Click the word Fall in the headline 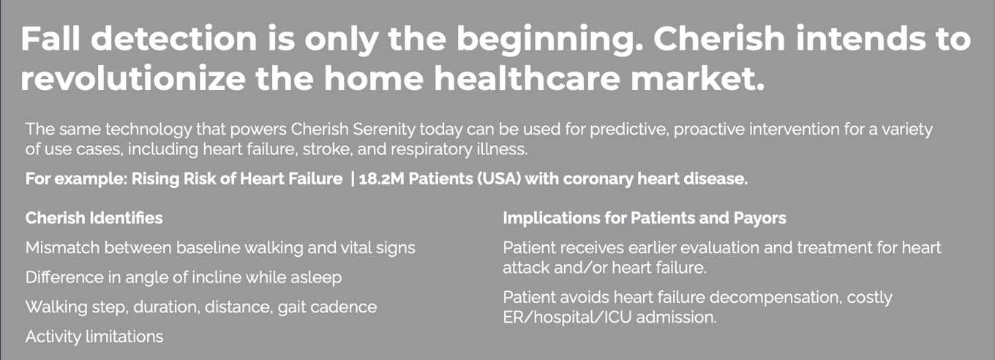point(50,38)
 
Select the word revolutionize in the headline point(133,78)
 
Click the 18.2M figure point(381,179)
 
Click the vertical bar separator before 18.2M point(353,179)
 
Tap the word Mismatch point(62,247)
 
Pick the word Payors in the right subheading point(759,218)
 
